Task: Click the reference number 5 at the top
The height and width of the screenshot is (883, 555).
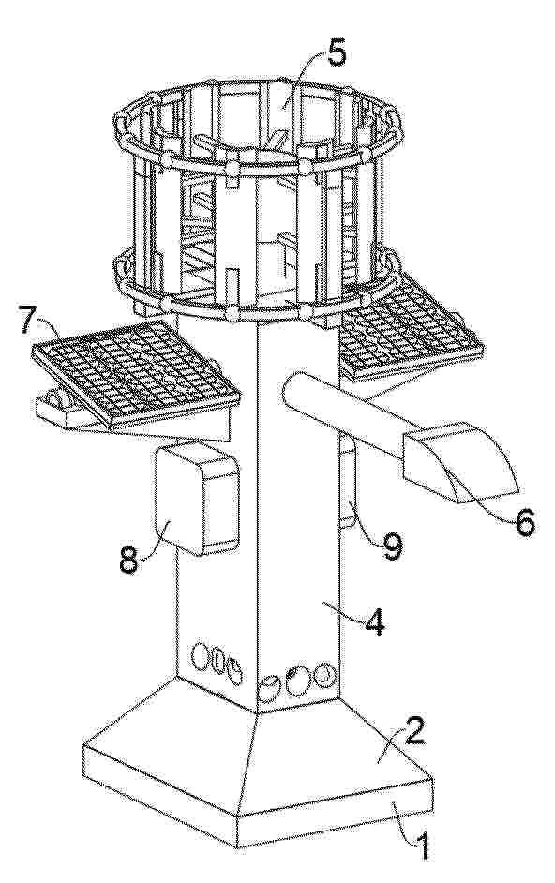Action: [x=337, y=54]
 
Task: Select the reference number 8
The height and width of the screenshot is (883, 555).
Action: [x=128, y=560]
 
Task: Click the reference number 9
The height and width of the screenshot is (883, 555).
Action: [x=392, y=546]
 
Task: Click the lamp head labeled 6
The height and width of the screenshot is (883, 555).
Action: [x=459, y=460]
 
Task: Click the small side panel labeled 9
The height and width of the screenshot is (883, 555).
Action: [x=348, y=483]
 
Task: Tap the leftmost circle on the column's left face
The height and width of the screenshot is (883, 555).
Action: [x=200, y=656]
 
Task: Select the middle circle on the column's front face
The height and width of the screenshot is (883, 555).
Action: [x=296, y=681]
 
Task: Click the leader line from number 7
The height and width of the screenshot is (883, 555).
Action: [x=50, y=327]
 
